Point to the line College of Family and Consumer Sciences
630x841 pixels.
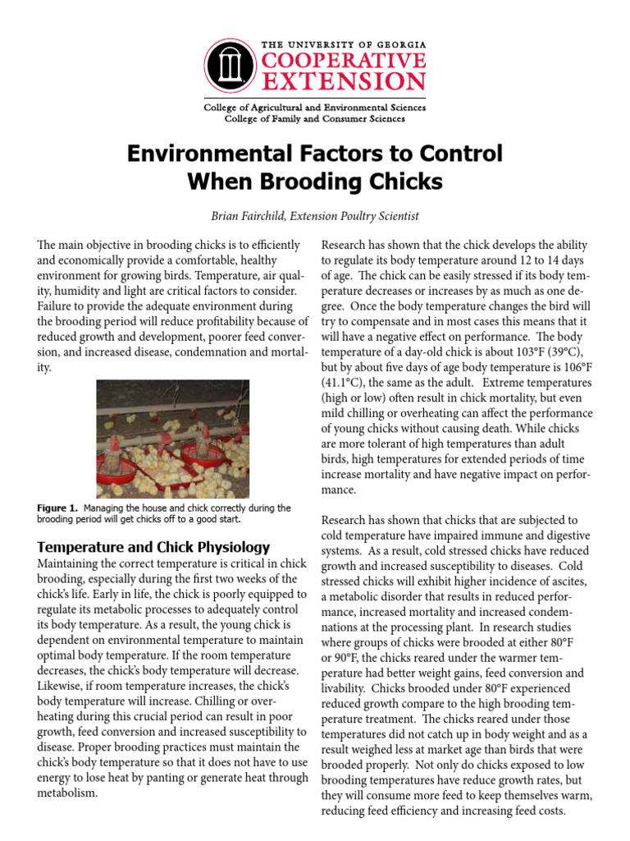point(315,119)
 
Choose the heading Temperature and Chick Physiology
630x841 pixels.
point(153,547)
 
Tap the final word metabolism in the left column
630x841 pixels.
point(67,793)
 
